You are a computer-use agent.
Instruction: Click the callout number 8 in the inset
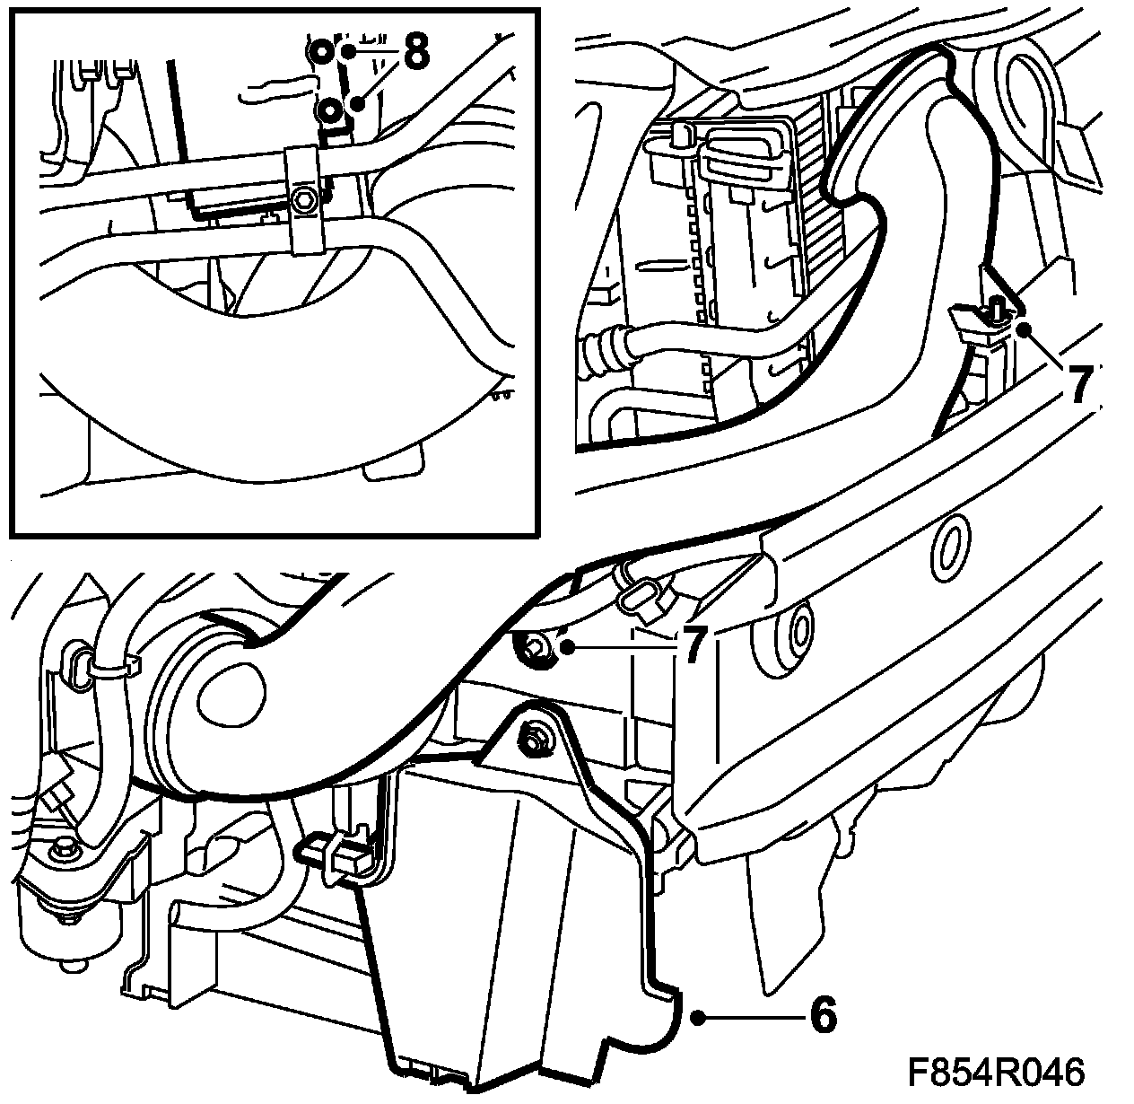click(415, 51)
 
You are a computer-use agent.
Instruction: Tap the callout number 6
click(823, 1016)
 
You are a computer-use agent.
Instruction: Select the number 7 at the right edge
click(1081, 383)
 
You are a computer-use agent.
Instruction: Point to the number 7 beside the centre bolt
click(692, 647)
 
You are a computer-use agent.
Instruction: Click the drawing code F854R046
click(996, 1073)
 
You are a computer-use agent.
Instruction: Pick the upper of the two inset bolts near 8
click(321, 54)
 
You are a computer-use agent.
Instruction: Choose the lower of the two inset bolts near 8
click(330, 110)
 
